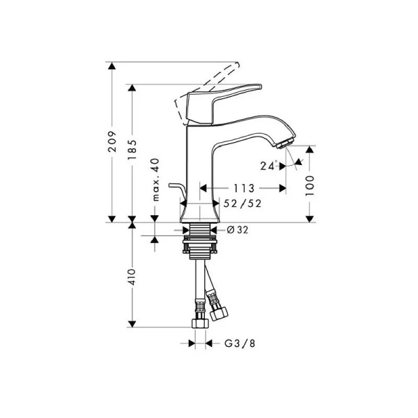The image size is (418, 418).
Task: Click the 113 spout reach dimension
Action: point(242,188)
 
